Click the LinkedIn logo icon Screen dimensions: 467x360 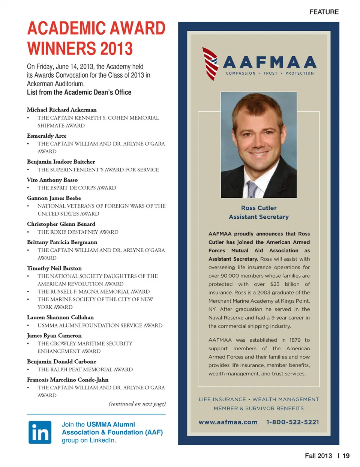tap(40, 432)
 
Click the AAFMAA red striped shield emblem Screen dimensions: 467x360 tap(210, 64)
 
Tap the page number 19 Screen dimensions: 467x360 tap(346, 456)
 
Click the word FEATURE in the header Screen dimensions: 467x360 tap(324, 12)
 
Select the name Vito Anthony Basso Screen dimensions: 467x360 tap(52, 180)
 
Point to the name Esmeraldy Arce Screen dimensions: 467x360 tap(46, 136)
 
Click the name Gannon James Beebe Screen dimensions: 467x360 tap(54, 198)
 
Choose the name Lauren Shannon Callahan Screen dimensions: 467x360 tap(60, 317)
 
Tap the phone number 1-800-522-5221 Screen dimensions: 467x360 tap(292, 422)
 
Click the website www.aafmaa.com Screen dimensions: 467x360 tap(228, 422)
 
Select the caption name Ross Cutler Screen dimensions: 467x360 tap(259, 208)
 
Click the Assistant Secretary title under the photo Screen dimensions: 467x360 tap(259, 217)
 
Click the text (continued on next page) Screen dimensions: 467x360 tap(137, 404)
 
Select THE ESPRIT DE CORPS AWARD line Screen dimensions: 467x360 tap(76, 188)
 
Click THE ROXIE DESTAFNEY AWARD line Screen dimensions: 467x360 tap(78, 232)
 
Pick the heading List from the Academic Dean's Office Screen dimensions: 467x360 tap(79, 92)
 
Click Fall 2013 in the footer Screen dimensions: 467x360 tap(318, 456)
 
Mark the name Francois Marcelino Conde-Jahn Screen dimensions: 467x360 tap(67, 380)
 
